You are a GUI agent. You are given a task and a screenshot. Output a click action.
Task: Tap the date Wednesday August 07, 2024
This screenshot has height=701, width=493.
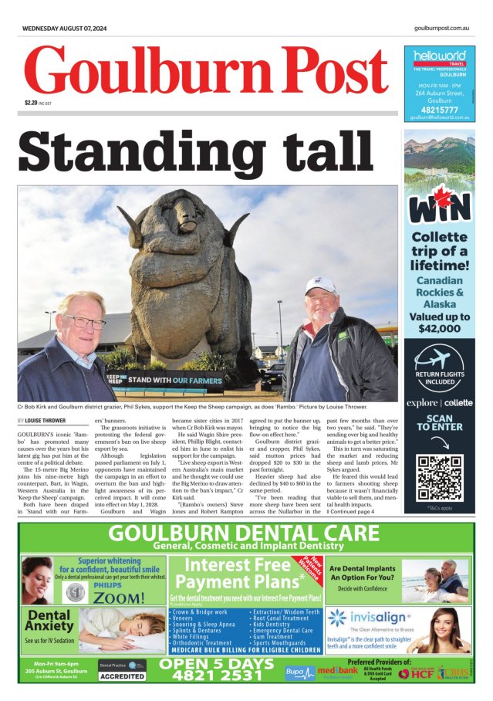tap(65, 28)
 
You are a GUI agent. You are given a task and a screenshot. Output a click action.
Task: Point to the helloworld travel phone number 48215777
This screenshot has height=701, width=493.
tap(438, 109)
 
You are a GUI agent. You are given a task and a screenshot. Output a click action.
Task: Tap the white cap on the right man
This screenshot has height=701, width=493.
tap(320, 286)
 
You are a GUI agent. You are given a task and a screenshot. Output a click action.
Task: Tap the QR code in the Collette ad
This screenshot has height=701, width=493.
tap(439, 478)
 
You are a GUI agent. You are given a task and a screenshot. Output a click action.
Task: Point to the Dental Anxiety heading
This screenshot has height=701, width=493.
tap(49, 621)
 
